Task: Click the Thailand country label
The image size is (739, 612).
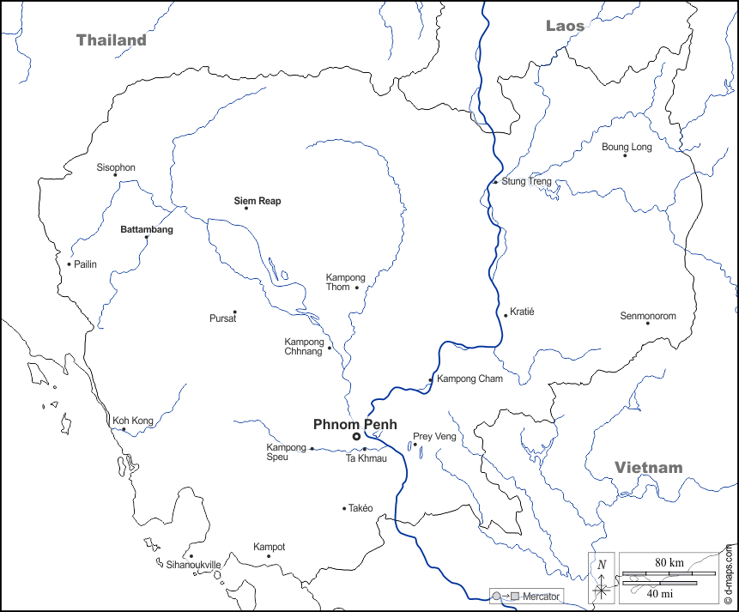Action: click(x=111, y=40)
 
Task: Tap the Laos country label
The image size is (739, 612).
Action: click(x=565, y=26)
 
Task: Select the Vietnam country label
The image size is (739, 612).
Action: click(x=648, y=468)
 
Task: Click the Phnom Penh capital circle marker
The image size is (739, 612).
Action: click(x=356, y=437)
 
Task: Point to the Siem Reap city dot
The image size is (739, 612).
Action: click(x=246, y=208)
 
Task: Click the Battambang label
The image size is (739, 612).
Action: click(x=146, y=230)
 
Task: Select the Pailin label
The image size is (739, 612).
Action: click(x=85, y=264)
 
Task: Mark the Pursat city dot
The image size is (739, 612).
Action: click(x=234, y=312)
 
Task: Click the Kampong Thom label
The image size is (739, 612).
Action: click(x=345, y=282)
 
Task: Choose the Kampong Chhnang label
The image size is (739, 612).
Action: click(x=304, y=347)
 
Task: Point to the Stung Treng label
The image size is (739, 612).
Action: click(x=526, y=182)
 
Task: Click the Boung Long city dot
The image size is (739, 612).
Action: click(x=625, y=155)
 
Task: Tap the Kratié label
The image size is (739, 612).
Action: click(x=522, y=312)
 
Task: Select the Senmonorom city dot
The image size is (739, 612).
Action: click(x=647, y=323)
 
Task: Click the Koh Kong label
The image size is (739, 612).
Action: click(x=133, y=421)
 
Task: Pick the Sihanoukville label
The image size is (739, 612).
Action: click(x=193, y=565)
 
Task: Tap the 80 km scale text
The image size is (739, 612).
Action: click(x=669, y=562)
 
